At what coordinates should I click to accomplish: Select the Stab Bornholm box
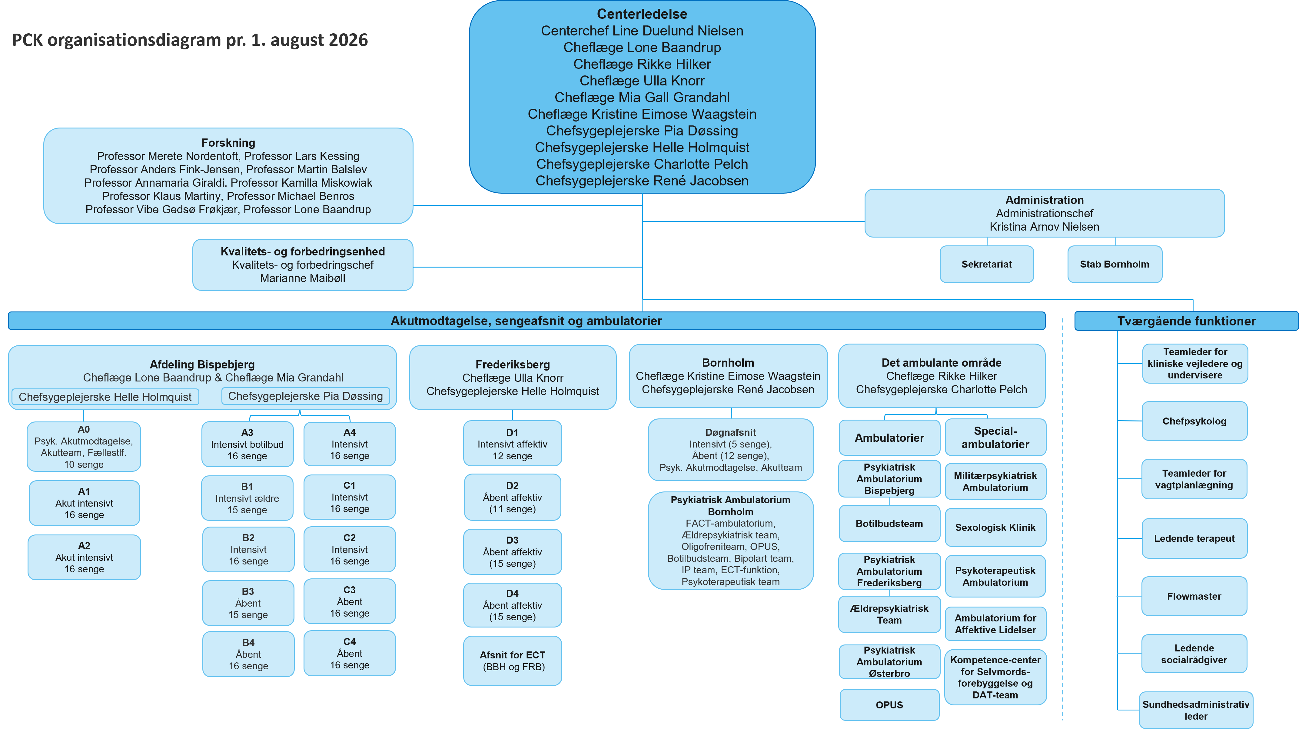[1115, 264]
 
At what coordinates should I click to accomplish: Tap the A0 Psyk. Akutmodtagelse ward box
[84, 447]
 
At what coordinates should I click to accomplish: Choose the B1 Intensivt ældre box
[247, 498]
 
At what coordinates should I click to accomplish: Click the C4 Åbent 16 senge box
[350, 653]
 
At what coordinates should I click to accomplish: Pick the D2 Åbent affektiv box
[512, 497]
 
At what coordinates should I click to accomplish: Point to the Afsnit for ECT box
[512, 661]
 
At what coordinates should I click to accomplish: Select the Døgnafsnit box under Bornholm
[731, 450]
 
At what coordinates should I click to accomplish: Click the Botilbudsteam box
[889, 524]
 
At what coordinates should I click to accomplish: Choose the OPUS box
[889, 705]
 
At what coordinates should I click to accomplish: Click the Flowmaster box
[1194, 596]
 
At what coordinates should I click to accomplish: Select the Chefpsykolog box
[1194, 421]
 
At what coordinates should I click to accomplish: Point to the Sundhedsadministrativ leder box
[1196, 710]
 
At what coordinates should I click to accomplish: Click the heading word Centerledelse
[642, 14]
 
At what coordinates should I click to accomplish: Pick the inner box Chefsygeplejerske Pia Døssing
[306, 396]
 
